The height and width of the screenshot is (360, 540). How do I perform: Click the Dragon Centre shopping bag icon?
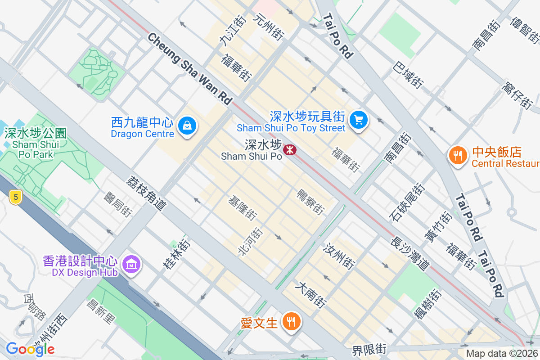(x=186, y=126)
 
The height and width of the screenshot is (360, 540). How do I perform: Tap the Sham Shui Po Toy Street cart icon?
(x=359, y=120)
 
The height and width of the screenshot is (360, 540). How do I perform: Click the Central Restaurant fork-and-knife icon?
(x=458, y=156)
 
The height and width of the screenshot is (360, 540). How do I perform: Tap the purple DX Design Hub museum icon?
(x=131, y=264)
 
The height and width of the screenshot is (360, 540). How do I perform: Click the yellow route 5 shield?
(x=15, y=197)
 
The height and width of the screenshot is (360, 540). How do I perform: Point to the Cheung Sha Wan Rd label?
(x=189, y=68)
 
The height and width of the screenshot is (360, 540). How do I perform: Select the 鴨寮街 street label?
(x=310, y=201)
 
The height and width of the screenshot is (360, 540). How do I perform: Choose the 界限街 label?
(x=369, y=349)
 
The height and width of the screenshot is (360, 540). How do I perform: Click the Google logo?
(x=30, y=349)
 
